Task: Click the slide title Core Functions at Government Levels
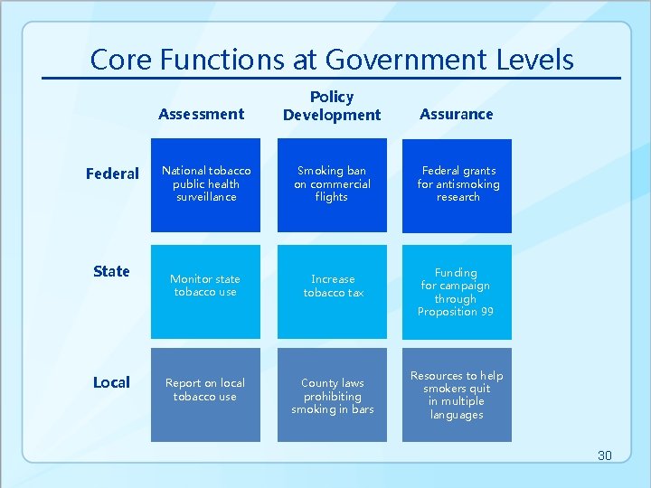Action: [332, 60]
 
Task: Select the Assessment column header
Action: [201, 114]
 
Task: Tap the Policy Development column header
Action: [332, 106]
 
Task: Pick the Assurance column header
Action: [457, 114]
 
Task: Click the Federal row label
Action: [112, 174]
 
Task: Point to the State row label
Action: [111, 271]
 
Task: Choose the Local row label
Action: [111, 382]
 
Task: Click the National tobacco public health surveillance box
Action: [205, 184]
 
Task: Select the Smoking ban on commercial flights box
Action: [332, 184]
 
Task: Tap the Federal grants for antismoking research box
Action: [458, 184]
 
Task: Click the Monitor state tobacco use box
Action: [205, 291]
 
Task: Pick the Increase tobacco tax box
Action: [332, 291]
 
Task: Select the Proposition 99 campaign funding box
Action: [457, 291]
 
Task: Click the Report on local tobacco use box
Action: [205, 394]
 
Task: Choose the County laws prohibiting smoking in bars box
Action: [332, 394]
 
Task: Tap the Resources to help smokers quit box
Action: [457, 394]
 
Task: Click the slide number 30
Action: [604, 455]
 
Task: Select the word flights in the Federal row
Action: [332, 197]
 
